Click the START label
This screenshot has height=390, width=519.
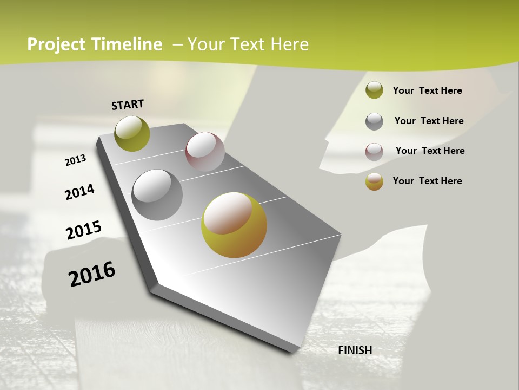(x=128, y=105)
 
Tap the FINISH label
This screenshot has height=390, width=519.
(x=355, y=350)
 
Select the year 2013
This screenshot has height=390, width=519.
(x=76, y=160)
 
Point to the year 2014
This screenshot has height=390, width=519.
(x=80, y=192)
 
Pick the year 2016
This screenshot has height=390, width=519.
(x=92, y=274)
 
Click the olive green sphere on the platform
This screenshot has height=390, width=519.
(x=132, y=134)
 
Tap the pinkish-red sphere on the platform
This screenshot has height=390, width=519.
(x=205, y=152)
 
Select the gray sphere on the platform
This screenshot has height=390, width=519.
(x=157, y=195)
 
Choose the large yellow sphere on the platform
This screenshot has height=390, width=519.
(x=234, y=225)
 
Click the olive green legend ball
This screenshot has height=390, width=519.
(x=374, y=90)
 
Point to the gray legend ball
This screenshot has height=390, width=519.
(x=374, y=121)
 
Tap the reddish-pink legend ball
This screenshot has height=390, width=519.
(x=374, y=152)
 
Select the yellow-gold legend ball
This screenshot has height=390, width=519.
(x=374, y=182)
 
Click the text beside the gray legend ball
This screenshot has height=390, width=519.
(x=429, y=121)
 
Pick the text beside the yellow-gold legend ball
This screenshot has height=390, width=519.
(x=427, y=181)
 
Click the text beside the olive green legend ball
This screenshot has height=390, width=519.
(x=427, y=90)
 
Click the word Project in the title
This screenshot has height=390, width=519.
(x=56, y=44)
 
